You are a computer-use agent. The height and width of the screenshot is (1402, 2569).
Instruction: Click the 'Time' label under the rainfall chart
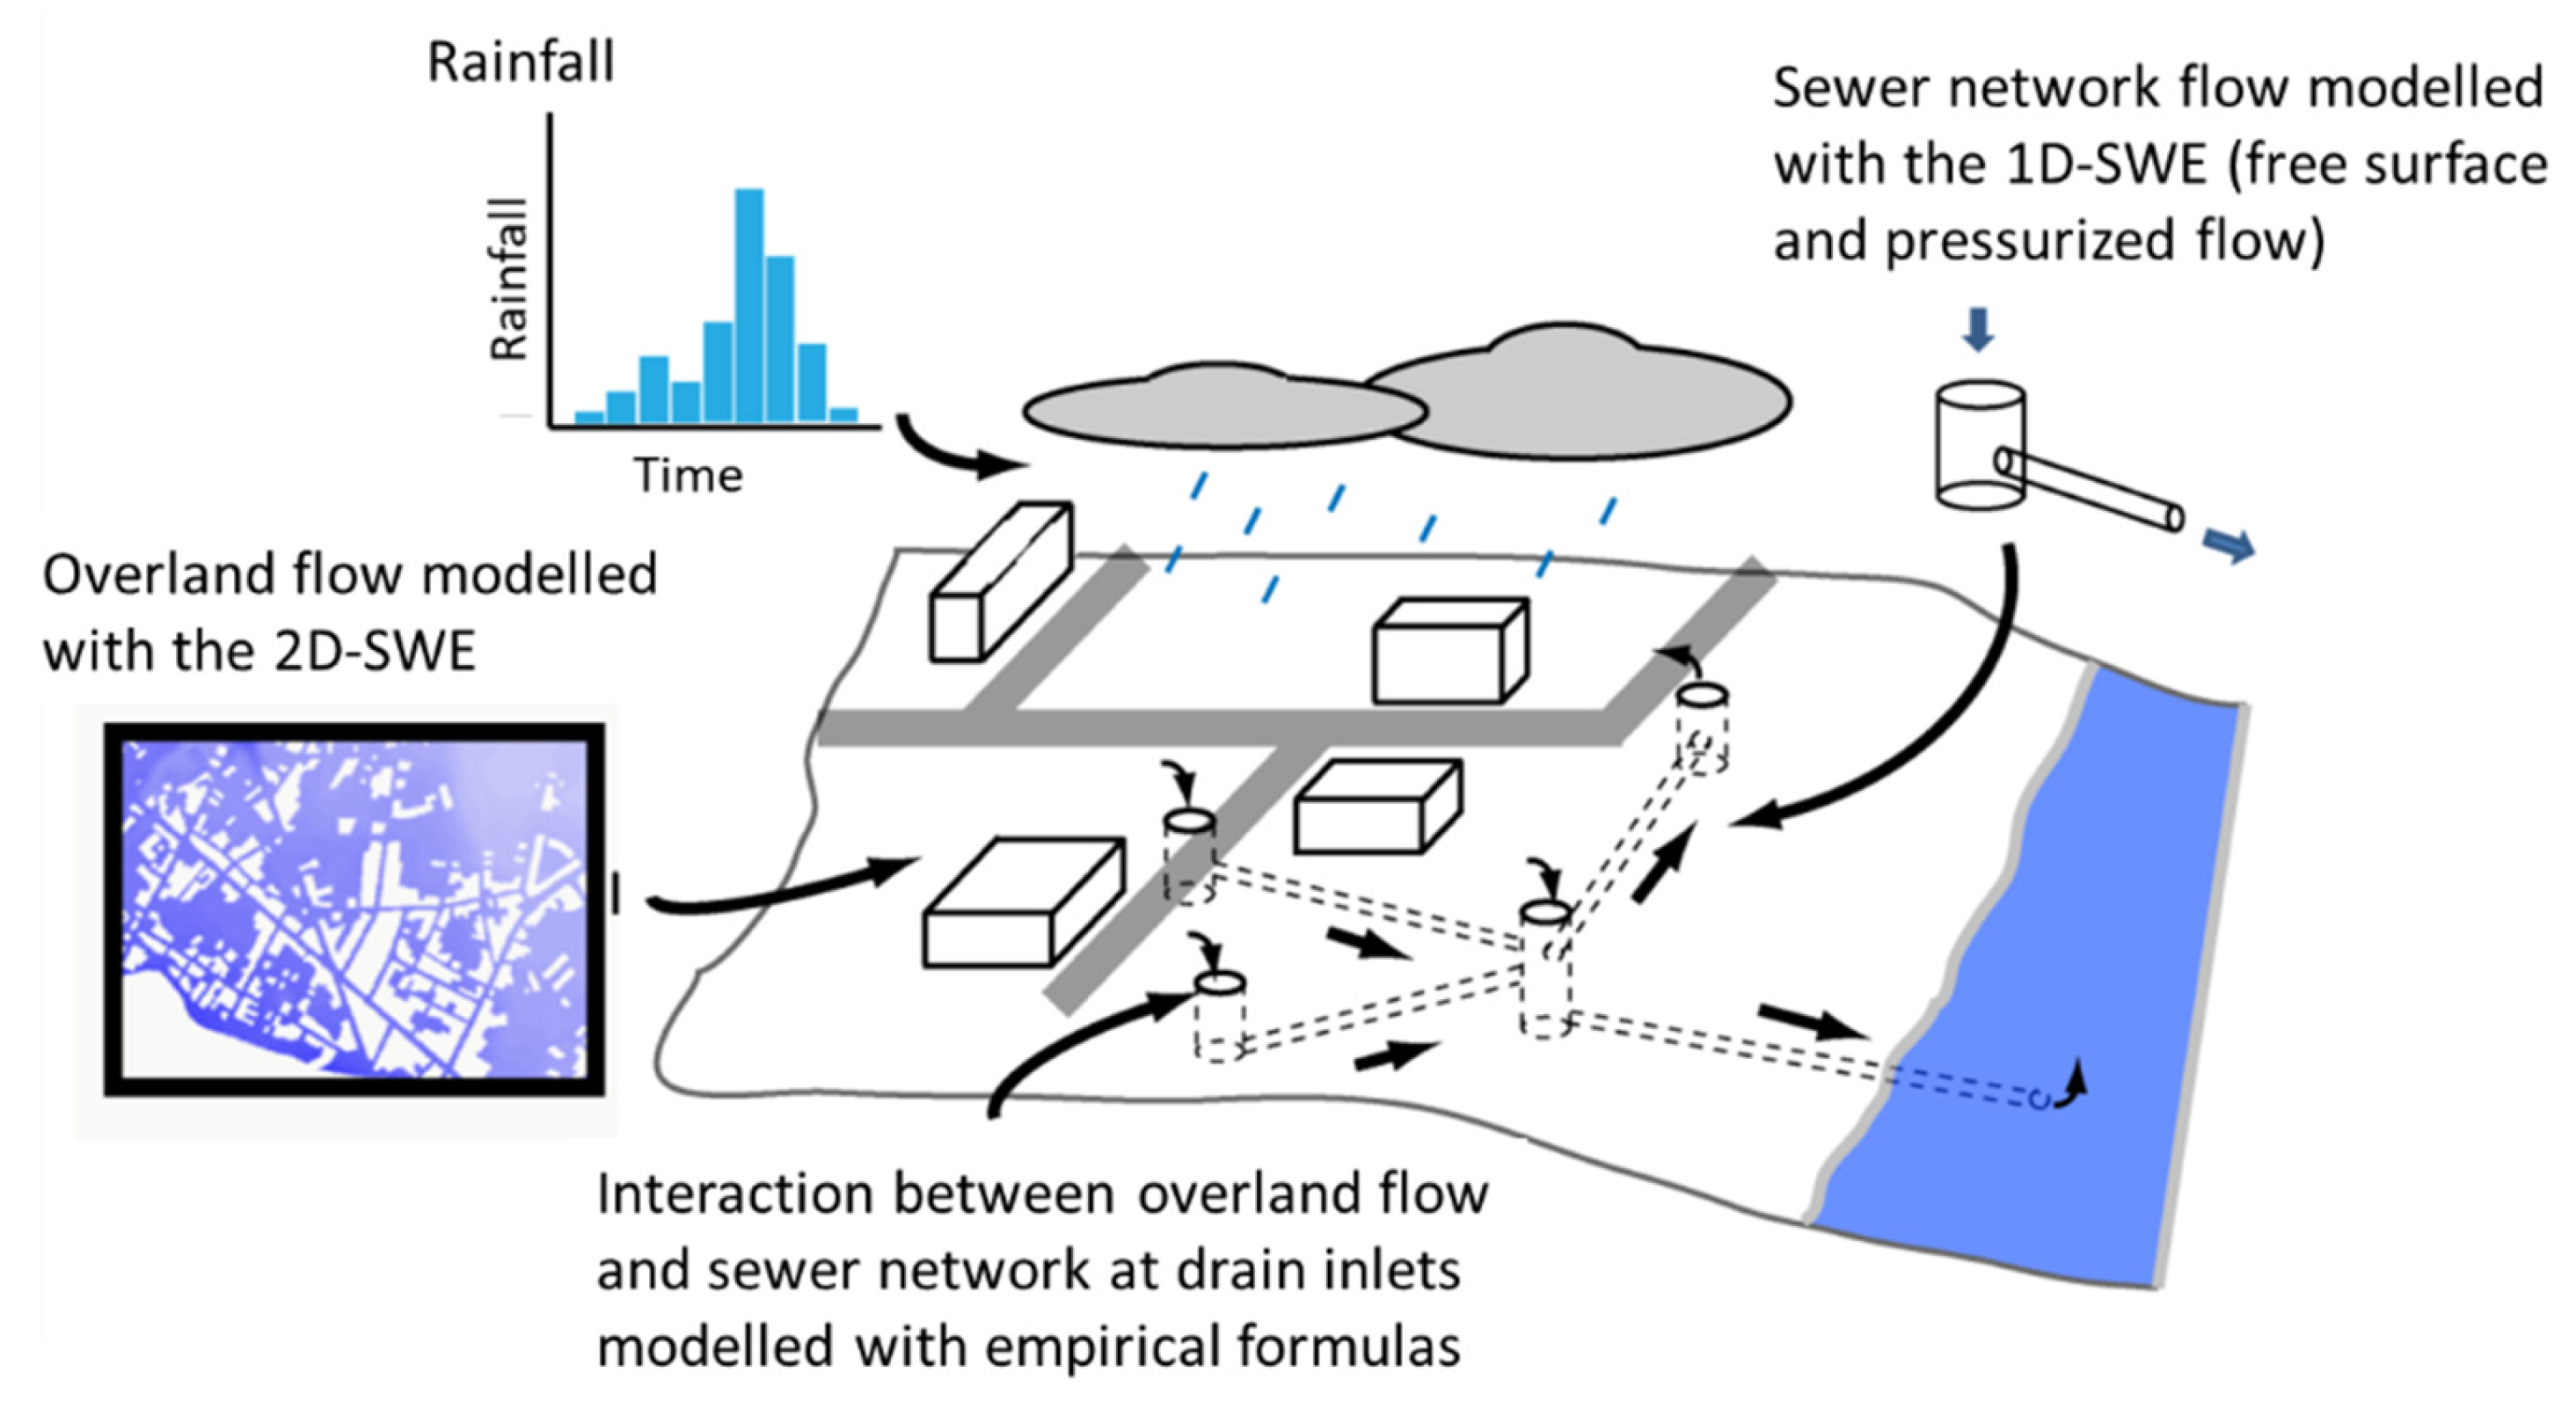[x=688, y=475]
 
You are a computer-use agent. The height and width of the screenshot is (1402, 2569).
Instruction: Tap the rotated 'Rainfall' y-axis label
[x=508, y=279]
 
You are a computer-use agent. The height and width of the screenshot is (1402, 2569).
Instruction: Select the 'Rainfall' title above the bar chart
[x=521, y=62]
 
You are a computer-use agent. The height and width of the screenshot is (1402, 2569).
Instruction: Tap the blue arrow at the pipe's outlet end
[x=2229, y=545]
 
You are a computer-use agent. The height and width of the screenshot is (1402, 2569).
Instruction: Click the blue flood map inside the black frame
[x=354, y=909]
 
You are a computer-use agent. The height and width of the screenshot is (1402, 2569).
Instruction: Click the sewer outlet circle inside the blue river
[x=2040, y=1099]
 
